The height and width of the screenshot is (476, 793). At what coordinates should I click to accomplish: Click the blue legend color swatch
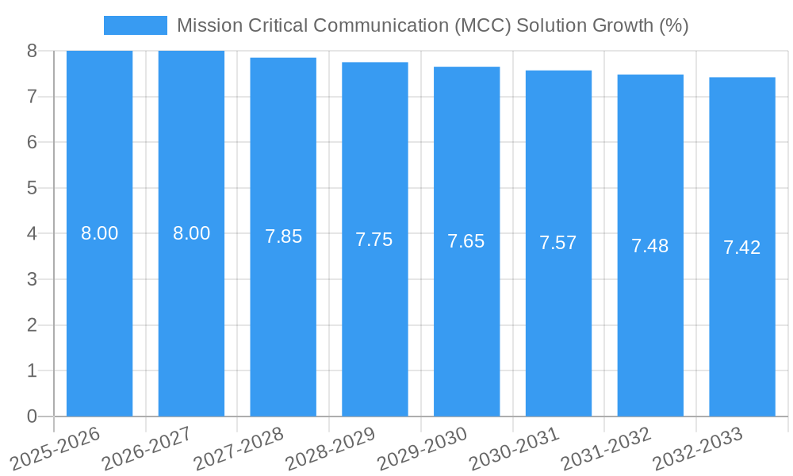coord(136,25)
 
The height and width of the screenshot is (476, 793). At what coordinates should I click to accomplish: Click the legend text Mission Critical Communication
coord(432,25)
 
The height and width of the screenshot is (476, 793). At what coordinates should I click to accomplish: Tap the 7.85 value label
coord(283,236)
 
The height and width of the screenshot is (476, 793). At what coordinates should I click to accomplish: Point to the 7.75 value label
coord(374,240)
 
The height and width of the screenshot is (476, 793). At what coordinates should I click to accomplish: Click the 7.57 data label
coord(558,244)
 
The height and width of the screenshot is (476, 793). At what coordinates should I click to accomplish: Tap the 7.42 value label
coord(742,248)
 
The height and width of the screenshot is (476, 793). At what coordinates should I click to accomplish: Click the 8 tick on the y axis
coord(32,51)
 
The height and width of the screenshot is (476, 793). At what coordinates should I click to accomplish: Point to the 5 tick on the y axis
coord(32,188)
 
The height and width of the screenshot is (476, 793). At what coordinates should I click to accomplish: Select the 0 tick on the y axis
coord(32,416)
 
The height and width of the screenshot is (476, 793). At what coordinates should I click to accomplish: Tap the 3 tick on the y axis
coord(32,279)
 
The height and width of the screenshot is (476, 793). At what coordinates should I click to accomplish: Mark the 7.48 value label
coord(650,246)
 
